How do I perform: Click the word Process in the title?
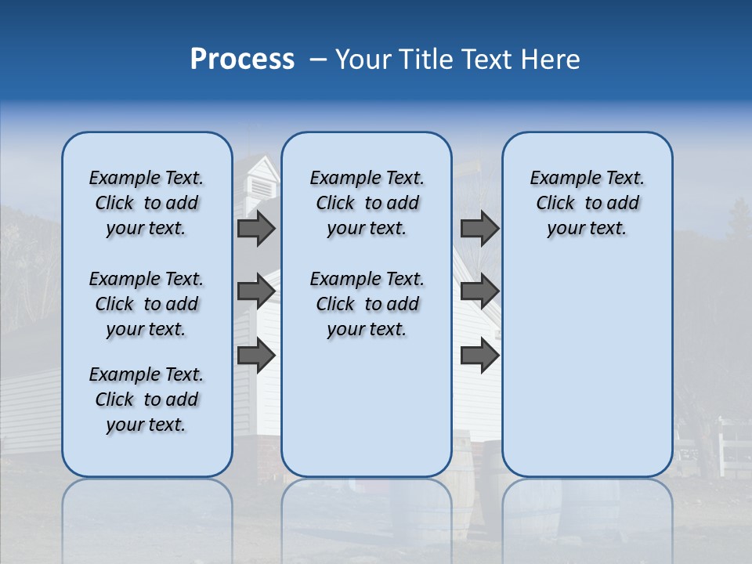tap(242, 60)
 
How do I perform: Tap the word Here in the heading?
tap(551, 60)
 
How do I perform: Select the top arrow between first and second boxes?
tap(256, 229)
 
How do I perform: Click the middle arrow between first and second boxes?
tap(256, 291)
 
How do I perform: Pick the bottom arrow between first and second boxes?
tap(256, 355)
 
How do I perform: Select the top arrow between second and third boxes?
tap(479, 229)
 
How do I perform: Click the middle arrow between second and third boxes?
tap(479, 291)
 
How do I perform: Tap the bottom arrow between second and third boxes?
tap(479, 355)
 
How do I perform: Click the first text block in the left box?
tap(146, 203)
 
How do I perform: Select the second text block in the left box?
tap(146, 304)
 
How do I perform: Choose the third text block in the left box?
tap(146, 399)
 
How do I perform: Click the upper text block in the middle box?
tap(367, 203)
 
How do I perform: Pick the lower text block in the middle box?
tap(367, 304)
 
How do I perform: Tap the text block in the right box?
tap(587, 203)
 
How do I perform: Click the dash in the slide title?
tap(318, 60)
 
